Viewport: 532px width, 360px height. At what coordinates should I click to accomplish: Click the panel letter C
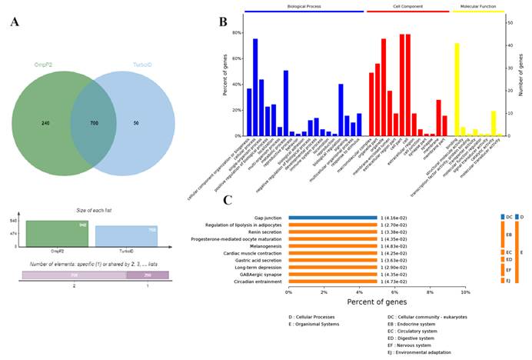click(x=228, y=200)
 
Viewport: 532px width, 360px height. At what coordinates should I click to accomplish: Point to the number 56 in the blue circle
click(x=135, y=122)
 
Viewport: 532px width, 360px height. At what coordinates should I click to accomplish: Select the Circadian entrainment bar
click(x=332, y=282)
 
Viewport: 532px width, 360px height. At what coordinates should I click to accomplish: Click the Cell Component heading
click(x=396, y=6)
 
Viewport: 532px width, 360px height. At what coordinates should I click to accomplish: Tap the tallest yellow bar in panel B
click(x=457, y=89)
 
